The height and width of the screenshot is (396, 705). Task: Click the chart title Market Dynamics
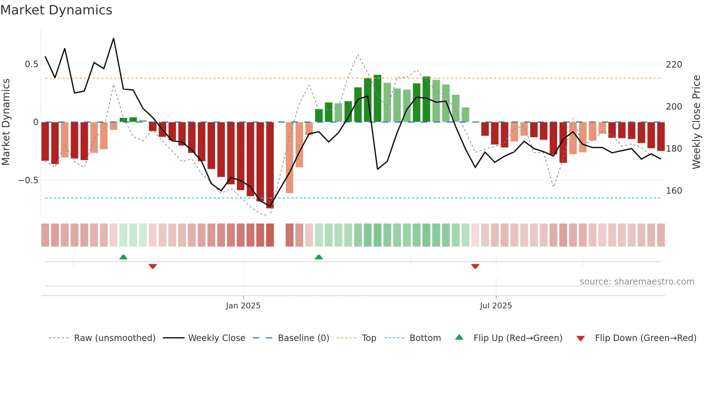click(x=56, y=10)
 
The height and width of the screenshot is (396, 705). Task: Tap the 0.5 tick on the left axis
click(x=31, y=64)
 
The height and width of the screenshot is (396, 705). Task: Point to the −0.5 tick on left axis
click(x=28, y=180)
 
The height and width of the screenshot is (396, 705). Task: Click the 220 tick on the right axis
click(x=674, y=65)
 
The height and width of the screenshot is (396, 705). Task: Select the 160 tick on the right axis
click(x=674, y=191)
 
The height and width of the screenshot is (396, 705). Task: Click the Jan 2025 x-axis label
click(x=243, y=306)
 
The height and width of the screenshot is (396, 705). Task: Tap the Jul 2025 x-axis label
click(x=496, y=306)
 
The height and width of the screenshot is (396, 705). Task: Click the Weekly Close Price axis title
click(x=696, y=122)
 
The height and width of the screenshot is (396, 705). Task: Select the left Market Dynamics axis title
click(x=6, y=122)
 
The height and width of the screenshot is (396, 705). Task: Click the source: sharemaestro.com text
click(x=637, y=282)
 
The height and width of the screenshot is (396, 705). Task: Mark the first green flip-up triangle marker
click(x=123, y=257)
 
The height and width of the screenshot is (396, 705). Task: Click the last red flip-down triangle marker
click(x=475, y=266)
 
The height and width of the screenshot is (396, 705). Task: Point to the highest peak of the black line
click(x=114, y=38)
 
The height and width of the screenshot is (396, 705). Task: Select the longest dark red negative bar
click(x=270, y=165)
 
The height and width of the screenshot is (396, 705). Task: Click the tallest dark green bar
click(x=377, y=98)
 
